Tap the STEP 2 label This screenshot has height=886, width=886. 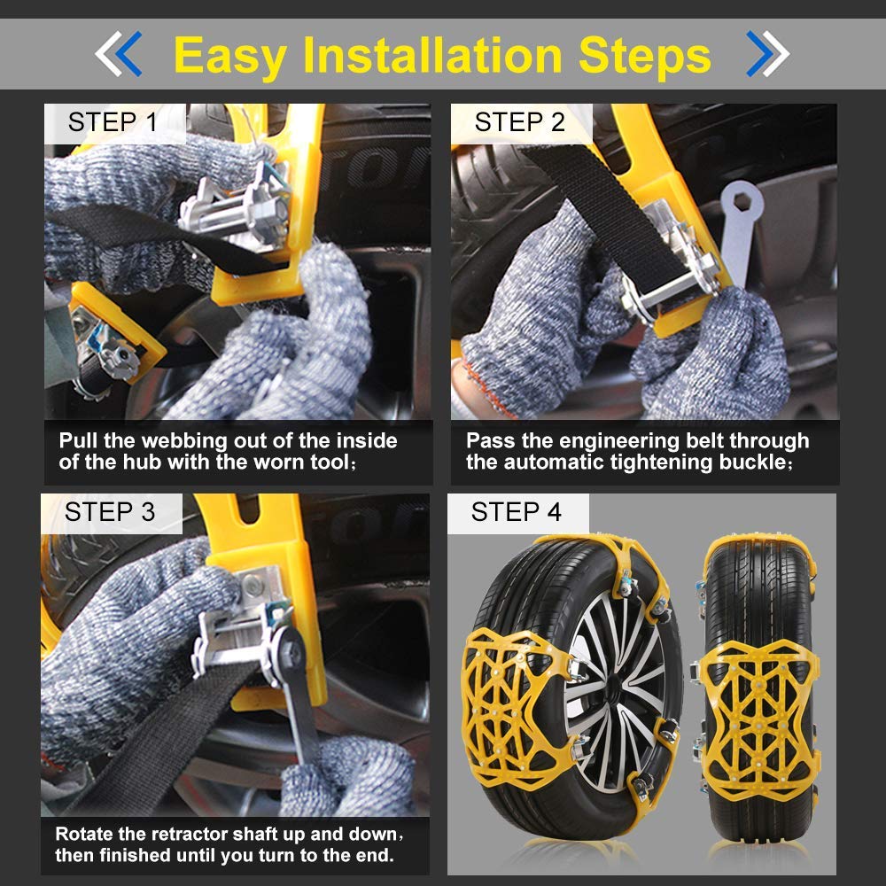click(519, 122)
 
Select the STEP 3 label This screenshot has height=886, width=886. click(110, 512)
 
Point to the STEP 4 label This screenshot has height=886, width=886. click(516, 512)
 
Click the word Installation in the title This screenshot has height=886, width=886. click(433, 55)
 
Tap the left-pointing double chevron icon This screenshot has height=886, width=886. click(118, 54)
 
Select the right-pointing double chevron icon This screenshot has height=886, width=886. click(767, 54)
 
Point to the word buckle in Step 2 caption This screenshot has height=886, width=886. click(748, 462)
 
